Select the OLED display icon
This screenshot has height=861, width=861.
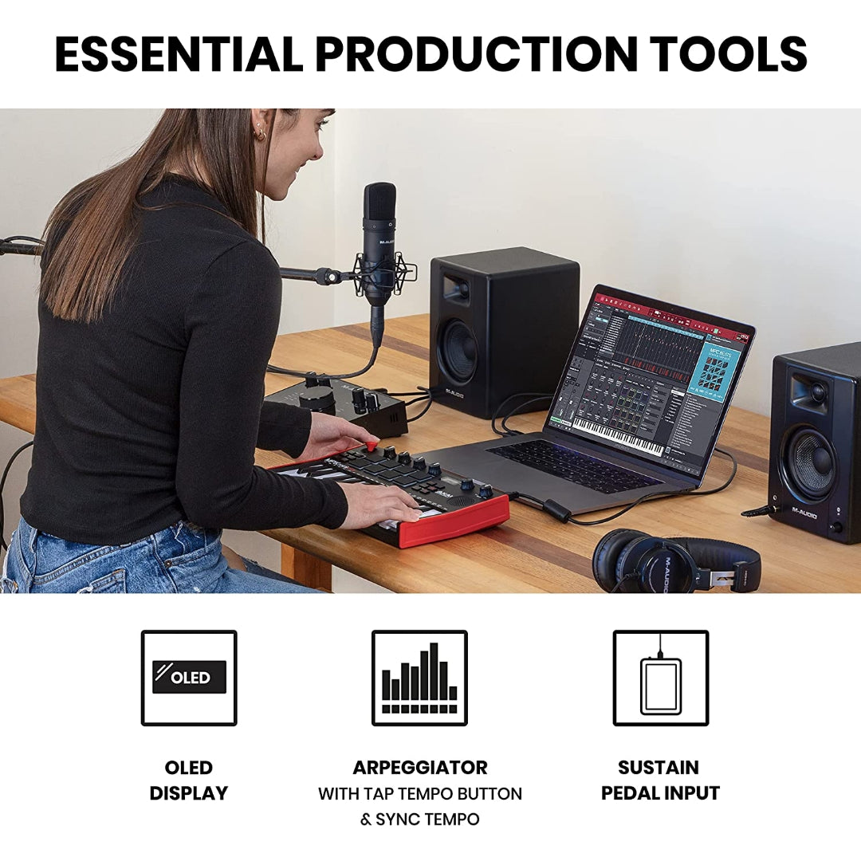(x=189, y=678)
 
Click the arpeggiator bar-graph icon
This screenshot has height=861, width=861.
(x=419, y=678)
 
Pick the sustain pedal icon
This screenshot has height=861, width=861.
(x=661, y=678)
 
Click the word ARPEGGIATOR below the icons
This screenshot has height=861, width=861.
(x=420, y=768)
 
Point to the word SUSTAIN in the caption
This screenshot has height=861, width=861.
(x=659, y=768)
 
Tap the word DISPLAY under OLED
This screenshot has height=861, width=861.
(x=189, y=793)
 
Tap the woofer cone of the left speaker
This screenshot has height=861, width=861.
(x=461, y=352)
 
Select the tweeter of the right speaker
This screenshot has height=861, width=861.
(x=816, y=391)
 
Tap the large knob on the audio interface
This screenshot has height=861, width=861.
(x=316, y=399)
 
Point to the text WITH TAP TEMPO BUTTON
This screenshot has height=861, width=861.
(x=420, y=794)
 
